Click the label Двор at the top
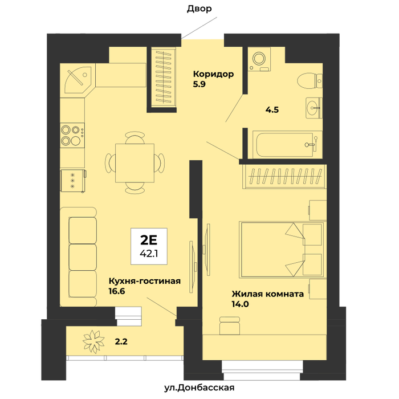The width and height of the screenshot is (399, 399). coord(199,9)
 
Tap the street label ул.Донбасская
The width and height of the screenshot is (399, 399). coord(199,388)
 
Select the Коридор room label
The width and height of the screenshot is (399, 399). coord(213,74)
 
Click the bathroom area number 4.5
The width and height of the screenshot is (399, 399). coord(272,110)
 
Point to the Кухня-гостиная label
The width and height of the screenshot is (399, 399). coord(145,281)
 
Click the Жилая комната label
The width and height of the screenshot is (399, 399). coord(267,294)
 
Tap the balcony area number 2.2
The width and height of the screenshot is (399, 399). coord(121,341)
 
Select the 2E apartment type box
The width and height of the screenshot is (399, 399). coord(149,246)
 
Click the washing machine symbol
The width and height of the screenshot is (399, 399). coord(259,59)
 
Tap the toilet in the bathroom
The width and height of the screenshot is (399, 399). coord(310,81)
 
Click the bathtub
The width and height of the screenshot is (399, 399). coord(287,145)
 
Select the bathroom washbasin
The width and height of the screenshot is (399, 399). coord(313,108)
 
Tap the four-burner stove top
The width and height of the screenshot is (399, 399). coord(72,135)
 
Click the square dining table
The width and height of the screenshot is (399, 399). coord(135,163)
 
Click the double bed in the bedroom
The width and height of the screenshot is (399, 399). coord(282,250)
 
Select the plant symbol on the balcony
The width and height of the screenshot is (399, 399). coord(93,341)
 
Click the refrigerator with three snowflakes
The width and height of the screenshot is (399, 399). coord(73,181)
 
